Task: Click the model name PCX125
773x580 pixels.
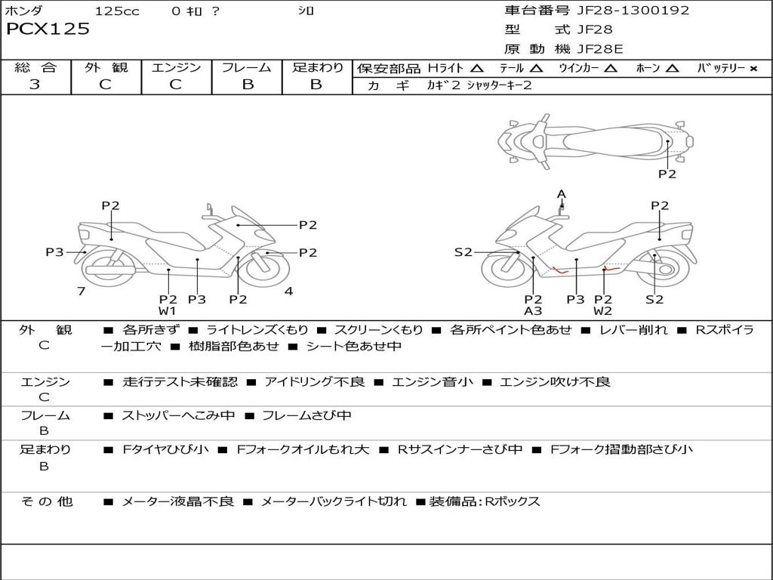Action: [x=48, y=29]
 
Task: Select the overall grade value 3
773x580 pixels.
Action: [x=35, y=85]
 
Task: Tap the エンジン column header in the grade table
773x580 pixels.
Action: [x=176, y=68]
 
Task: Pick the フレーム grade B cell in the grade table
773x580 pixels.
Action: [x=247, y=85]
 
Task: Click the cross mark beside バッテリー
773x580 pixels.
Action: [x=753, y=69]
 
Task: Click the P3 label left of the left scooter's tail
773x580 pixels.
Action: [x=54, y=252]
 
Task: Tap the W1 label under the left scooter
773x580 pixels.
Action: [x=167, y=311]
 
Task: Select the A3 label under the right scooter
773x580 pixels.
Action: [x=533, y=311]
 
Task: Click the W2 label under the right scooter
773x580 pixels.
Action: [x=602, y=311]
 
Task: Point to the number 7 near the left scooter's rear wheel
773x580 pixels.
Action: [x=81, y=291]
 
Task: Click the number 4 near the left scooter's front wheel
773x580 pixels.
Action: [x=288, y=291]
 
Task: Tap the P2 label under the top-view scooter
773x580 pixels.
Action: [x=667, y=174]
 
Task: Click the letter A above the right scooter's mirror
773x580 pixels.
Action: [x=561, y=194]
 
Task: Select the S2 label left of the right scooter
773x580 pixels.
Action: [x=463, y=252]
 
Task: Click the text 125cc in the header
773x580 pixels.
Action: [x=117, y=11]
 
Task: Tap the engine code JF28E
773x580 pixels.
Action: [x=600, y=49]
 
